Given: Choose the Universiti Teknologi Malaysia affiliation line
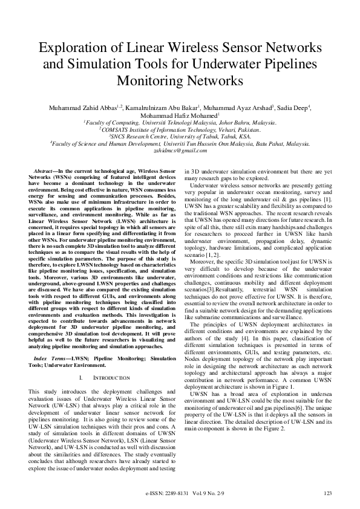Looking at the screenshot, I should click(180, 123).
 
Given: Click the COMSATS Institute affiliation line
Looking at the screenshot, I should click(180, 130).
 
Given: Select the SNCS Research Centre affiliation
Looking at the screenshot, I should click(180, 137).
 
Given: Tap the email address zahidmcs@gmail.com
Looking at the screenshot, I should click(180, 151).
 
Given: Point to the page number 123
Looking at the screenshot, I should click(328, 494).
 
